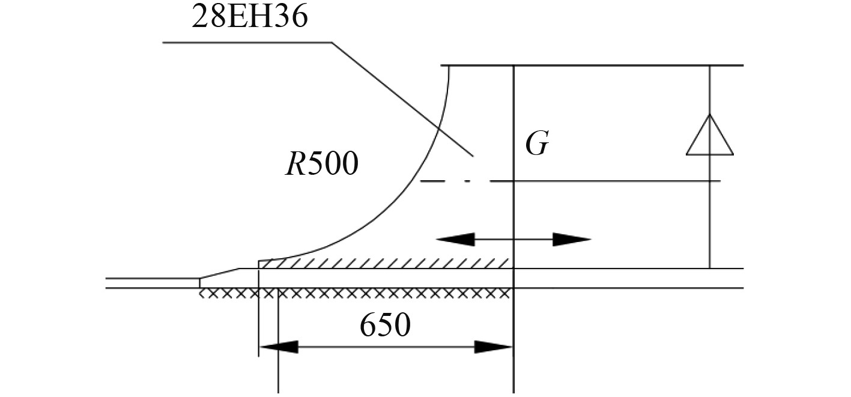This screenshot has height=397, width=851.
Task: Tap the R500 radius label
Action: (321, 164)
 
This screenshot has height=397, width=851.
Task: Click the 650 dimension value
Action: (385, 326)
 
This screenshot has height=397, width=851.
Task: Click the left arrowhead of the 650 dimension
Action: (279, 347)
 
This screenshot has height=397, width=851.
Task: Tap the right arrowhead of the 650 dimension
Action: (493, 347)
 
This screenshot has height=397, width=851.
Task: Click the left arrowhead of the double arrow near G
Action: (455, 240)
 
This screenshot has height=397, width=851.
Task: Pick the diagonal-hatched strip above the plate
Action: (384, 264)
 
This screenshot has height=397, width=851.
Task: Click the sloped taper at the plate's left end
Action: (219, 273)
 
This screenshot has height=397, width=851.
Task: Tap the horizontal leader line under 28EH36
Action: (246, 43)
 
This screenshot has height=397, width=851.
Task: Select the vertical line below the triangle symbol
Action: (710, 216)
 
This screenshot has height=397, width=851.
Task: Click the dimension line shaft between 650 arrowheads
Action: (385, 347)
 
